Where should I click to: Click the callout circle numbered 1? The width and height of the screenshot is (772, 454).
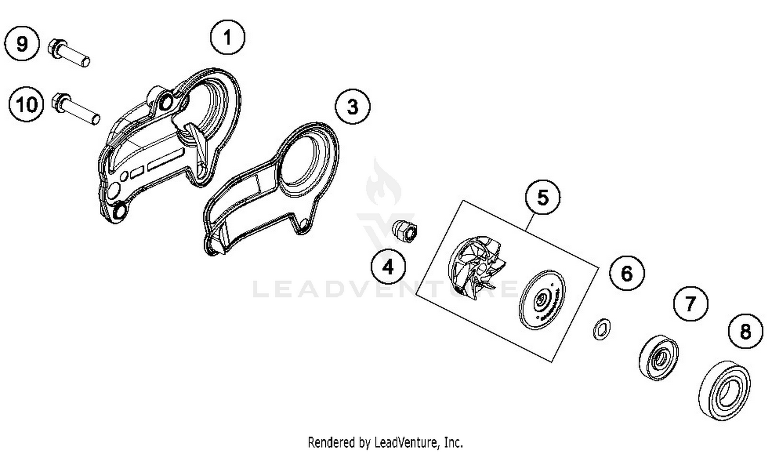click(227, 37)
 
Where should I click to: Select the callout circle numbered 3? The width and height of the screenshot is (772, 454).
click(353, 107)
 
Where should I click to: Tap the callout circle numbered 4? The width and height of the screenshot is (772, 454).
click(389, 267)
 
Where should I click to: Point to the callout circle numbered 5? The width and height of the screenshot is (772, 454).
click(543, 198)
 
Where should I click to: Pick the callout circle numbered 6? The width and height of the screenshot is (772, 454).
click(627, 273)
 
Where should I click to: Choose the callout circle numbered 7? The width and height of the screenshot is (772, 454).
click(691, 303)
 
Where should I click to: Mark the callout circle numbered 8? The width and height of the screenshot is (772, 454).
click(746, 331)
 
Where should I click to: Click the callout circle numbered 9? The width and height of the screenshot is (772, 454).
click(22, 43)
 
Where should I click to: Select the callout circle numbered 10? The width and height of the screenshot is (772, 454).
click(26, 104)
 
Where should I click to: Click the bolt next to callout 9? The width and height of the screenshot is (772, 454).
click(69, 53)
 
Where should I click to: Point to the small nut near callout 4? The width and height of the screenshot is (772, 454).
click(406, 231)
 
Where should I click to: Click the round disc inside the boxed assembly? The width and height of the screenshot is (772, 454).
click(542, 299)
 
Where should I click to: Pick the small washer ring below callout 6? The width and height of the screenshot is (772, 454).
click(602, 329)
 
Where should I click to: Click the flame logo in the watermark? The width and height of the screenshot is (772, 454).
click(383, 183)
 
